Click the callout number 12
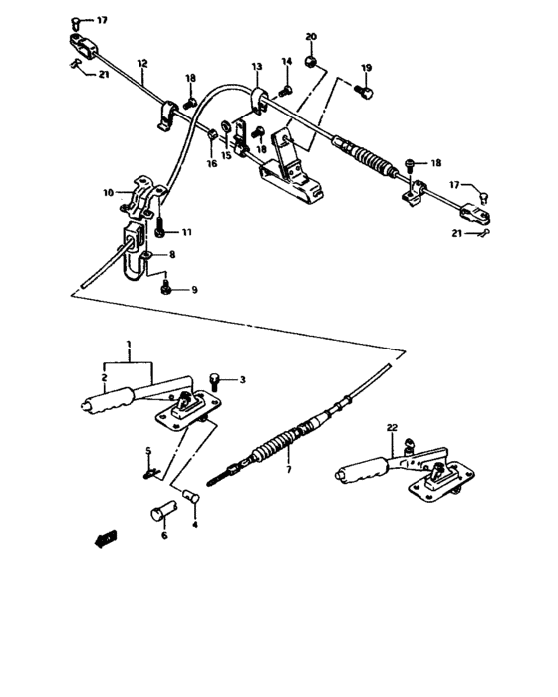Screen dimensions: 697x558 coord(141,63)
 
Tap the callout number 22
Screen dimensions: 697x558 coord(392,429)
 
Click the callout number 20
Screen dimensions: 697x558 coord(310,37)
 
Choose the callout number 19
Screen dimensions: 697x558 coord(366,68)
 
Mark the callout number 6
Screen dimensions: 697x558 coord(164,535)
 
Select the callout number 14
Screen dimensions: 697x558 coord(287,62)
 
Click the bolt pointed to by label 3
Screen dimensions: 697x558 coord(216,379)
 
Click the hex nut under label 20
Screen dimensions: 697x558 coord(311,62)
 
